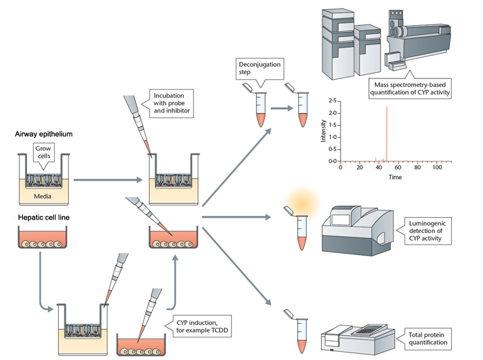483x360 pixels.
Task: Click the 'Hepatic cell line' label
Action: [x=39, y=218]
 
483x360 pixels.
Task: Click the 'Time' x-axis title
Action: [x=395, y=177]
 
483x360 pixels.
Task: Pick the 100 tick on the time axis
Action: [x=436, y=167]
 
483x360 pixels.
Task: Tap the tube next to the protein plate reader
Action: [x=301, y=331]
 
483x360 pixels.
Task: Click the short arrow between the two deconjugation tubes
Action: [x=281, y=109]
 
